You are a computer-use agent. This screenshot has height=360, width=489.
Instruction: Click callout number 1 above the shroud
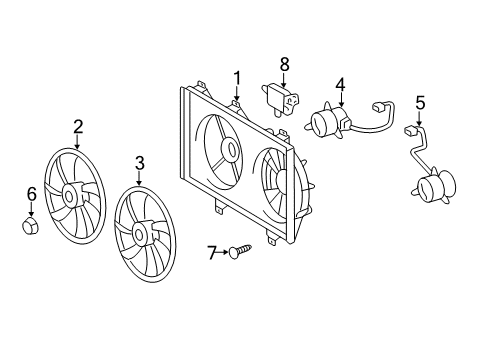point(237,77)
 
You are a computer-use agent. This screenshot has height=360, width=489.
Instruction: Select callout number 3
point(140,161)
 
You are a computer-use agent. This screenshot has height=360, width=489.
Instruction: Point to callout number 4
point(340,84)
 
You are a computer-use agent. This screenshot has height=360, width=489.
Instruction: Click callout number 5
point(420,101)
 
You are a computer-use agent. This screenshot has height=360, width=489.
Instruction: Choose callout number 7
point(212,253)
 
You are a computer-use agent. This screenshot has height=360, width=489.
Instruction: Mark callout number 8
point(284,64)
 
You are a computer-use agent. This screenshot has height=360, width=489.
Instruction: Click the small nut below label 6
point(30,227)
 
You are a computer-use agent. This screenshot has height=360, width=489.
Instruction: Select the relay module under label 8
point(281,96)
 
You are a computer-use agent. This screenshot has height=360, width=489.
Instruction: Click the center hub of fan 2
point(71,193)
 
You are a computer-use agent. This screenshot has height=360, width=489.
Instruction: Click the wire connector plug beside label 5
point(409,131)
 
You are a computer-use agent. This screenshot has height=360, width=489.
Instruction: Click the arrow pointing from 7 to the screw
point(224,253)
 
